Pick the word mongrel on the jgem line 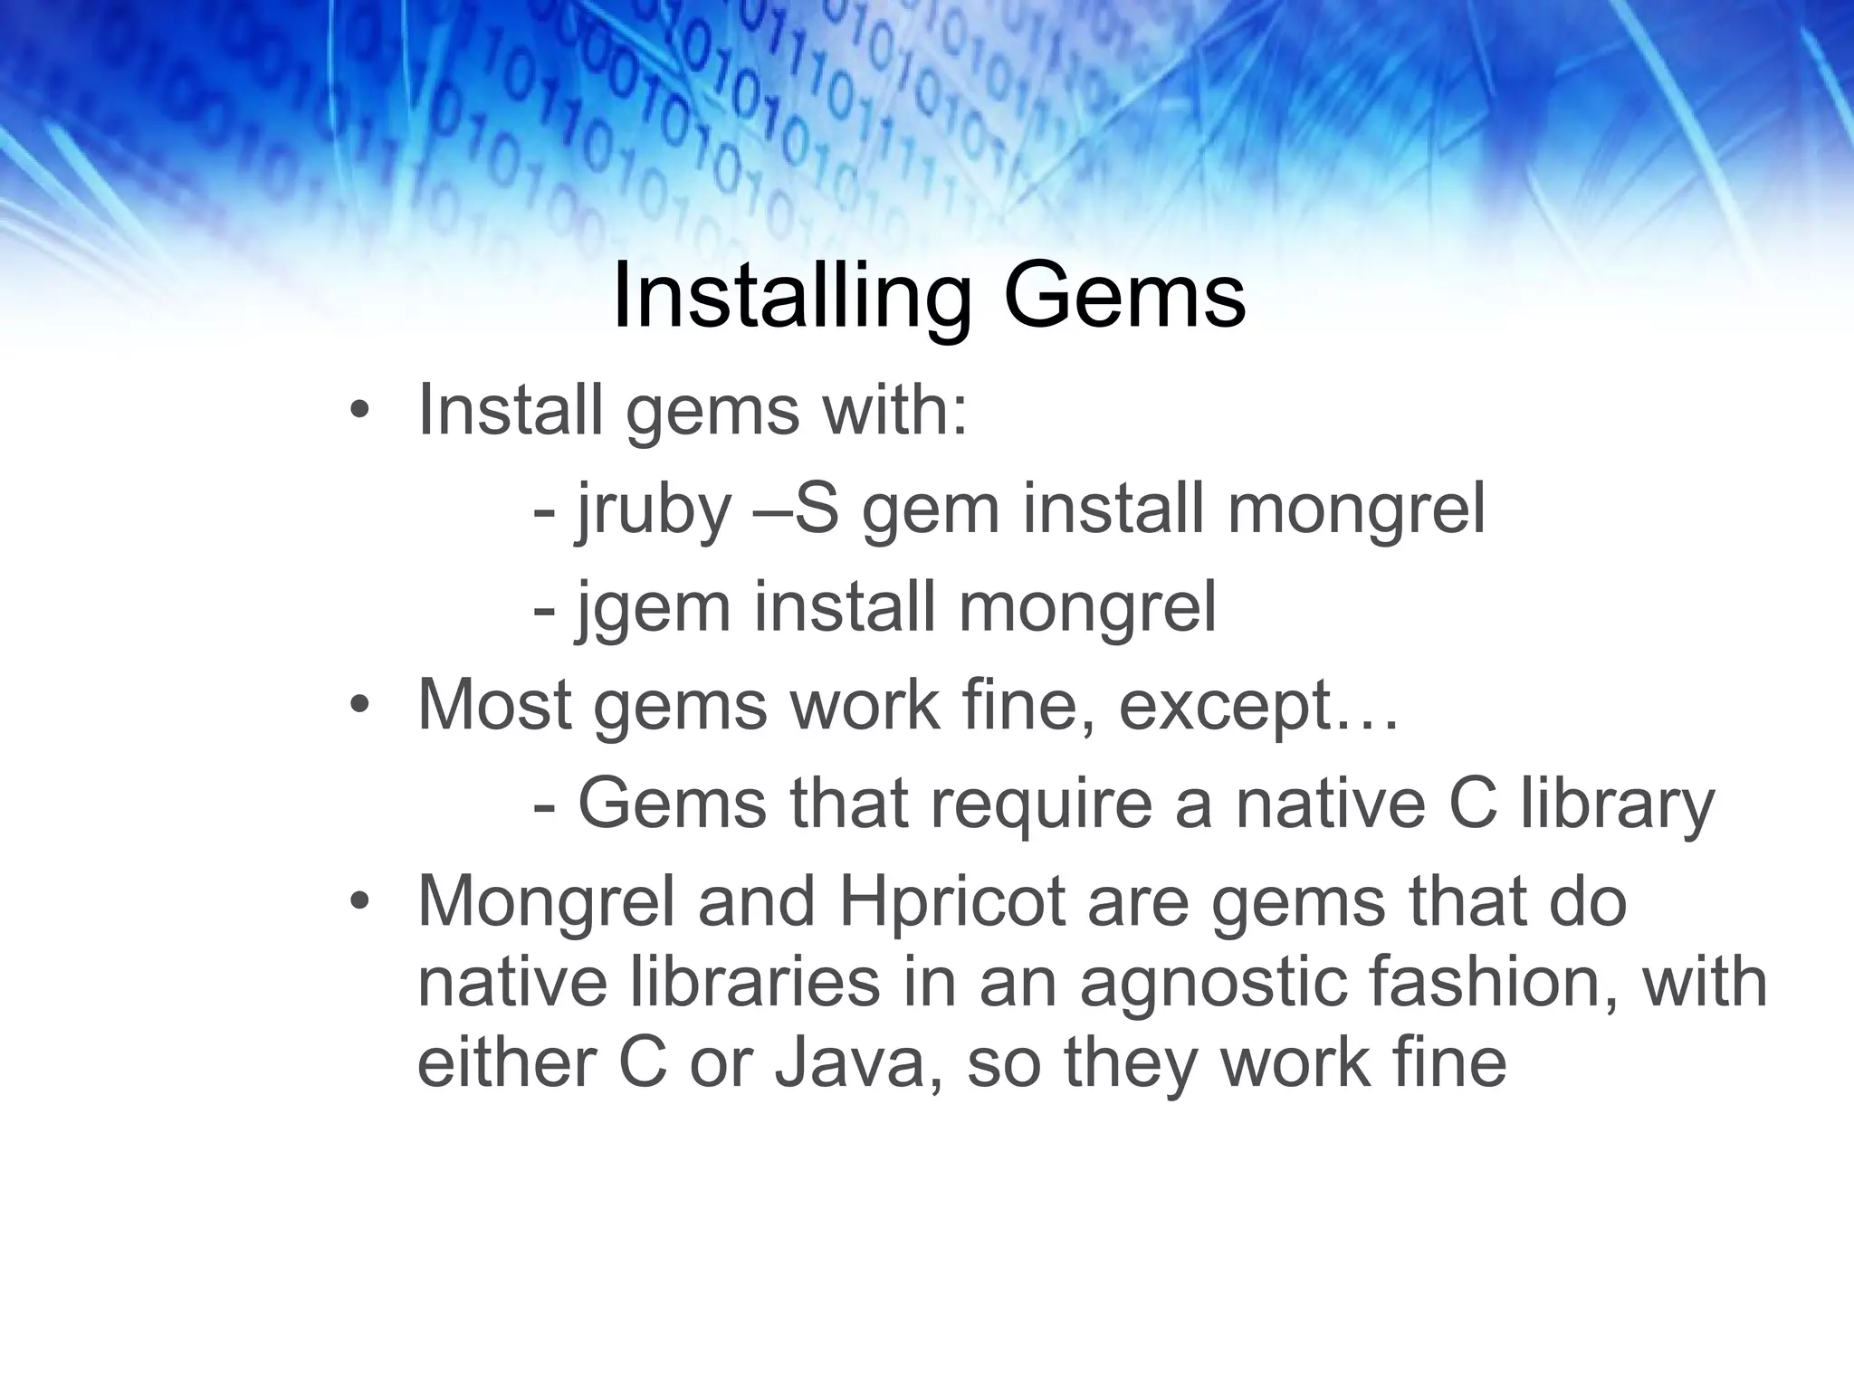pos(1087,607)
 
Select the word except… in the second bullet pos(1258,706)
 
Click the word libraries pos(739,983)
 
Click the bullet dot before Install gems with pos(359,412)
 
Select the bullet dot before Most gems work pos(359,706)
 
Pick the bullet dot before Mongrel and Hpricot pos(359,902)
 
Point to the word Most pos(494,706)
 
